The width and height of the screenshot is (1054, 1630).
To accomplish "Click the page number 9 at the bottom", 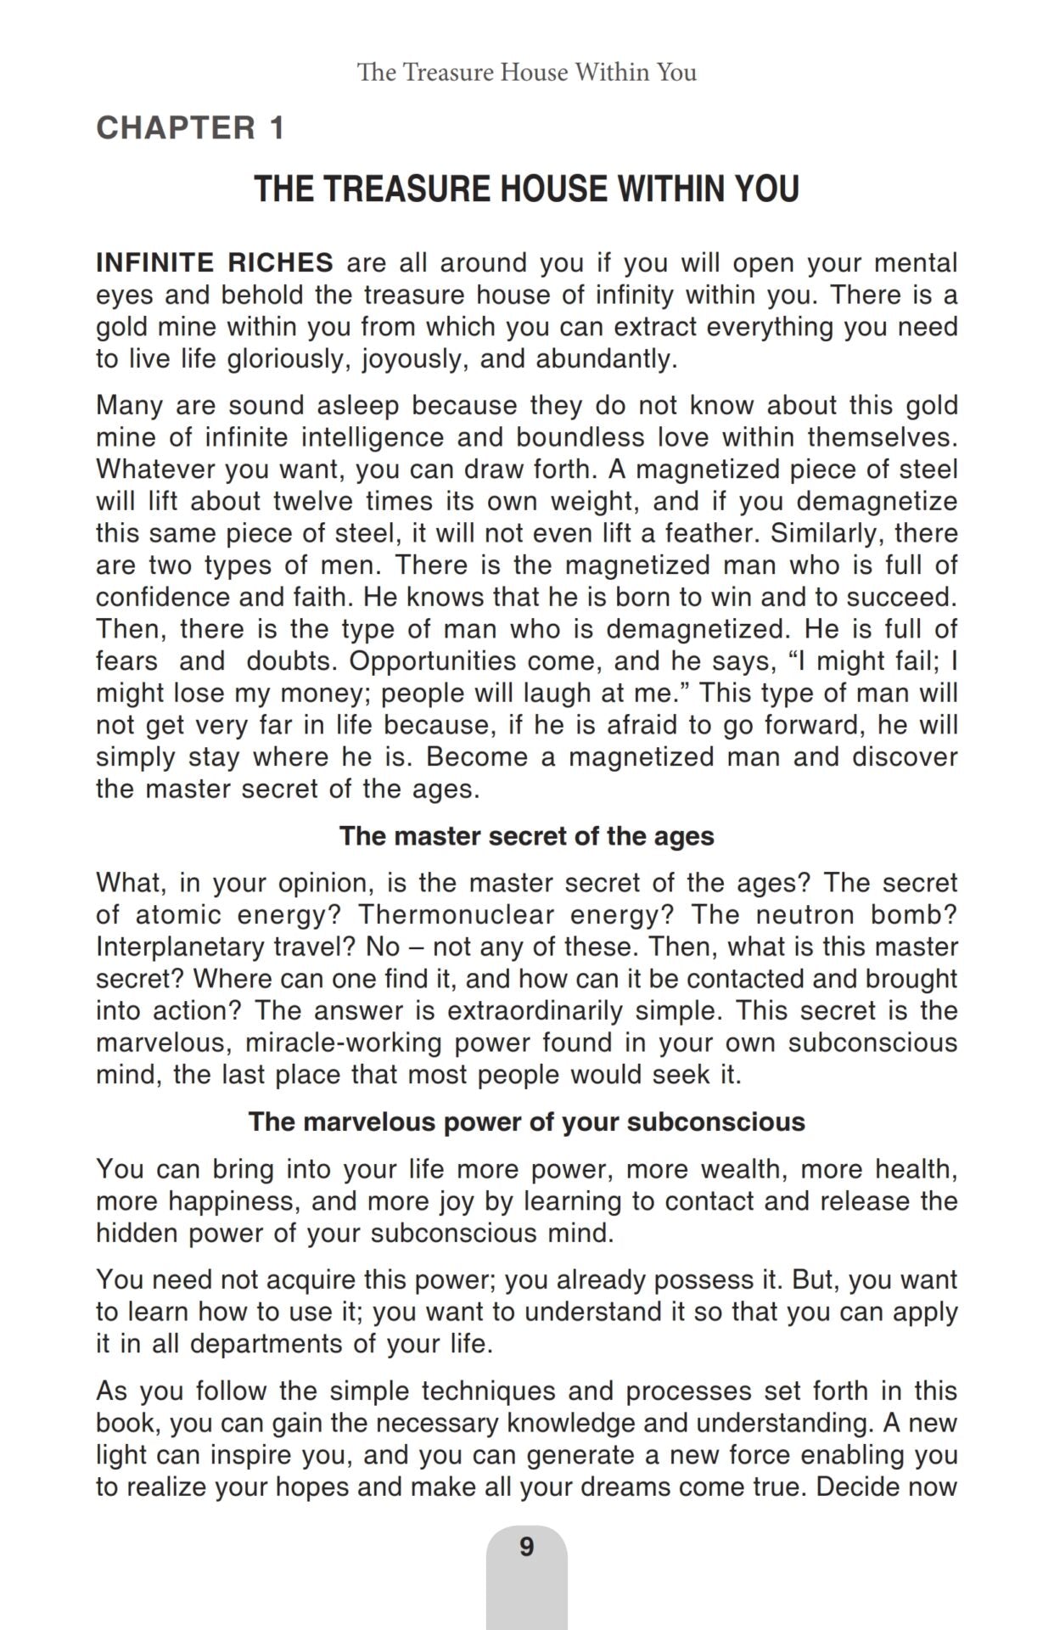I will (x=526, y=1547).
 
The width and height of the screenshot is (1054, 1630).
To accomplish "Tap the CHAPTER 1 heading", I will (x=190, y=128).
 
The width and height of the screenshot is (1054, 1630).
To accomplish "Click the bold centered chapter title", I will (x=526, y=188).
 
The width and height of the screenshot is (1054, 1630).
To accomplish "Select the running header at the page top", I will (x=526, y=72).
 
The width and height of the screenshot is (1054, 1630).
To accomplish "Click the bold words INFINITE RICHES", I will (x=215, y=262).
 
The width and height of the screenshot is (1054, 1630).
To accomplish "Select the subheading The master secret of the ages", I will (x=526, y=836).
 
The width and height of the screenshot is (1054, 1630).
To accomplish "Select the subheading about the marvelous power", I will (x=526, y=1121).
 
